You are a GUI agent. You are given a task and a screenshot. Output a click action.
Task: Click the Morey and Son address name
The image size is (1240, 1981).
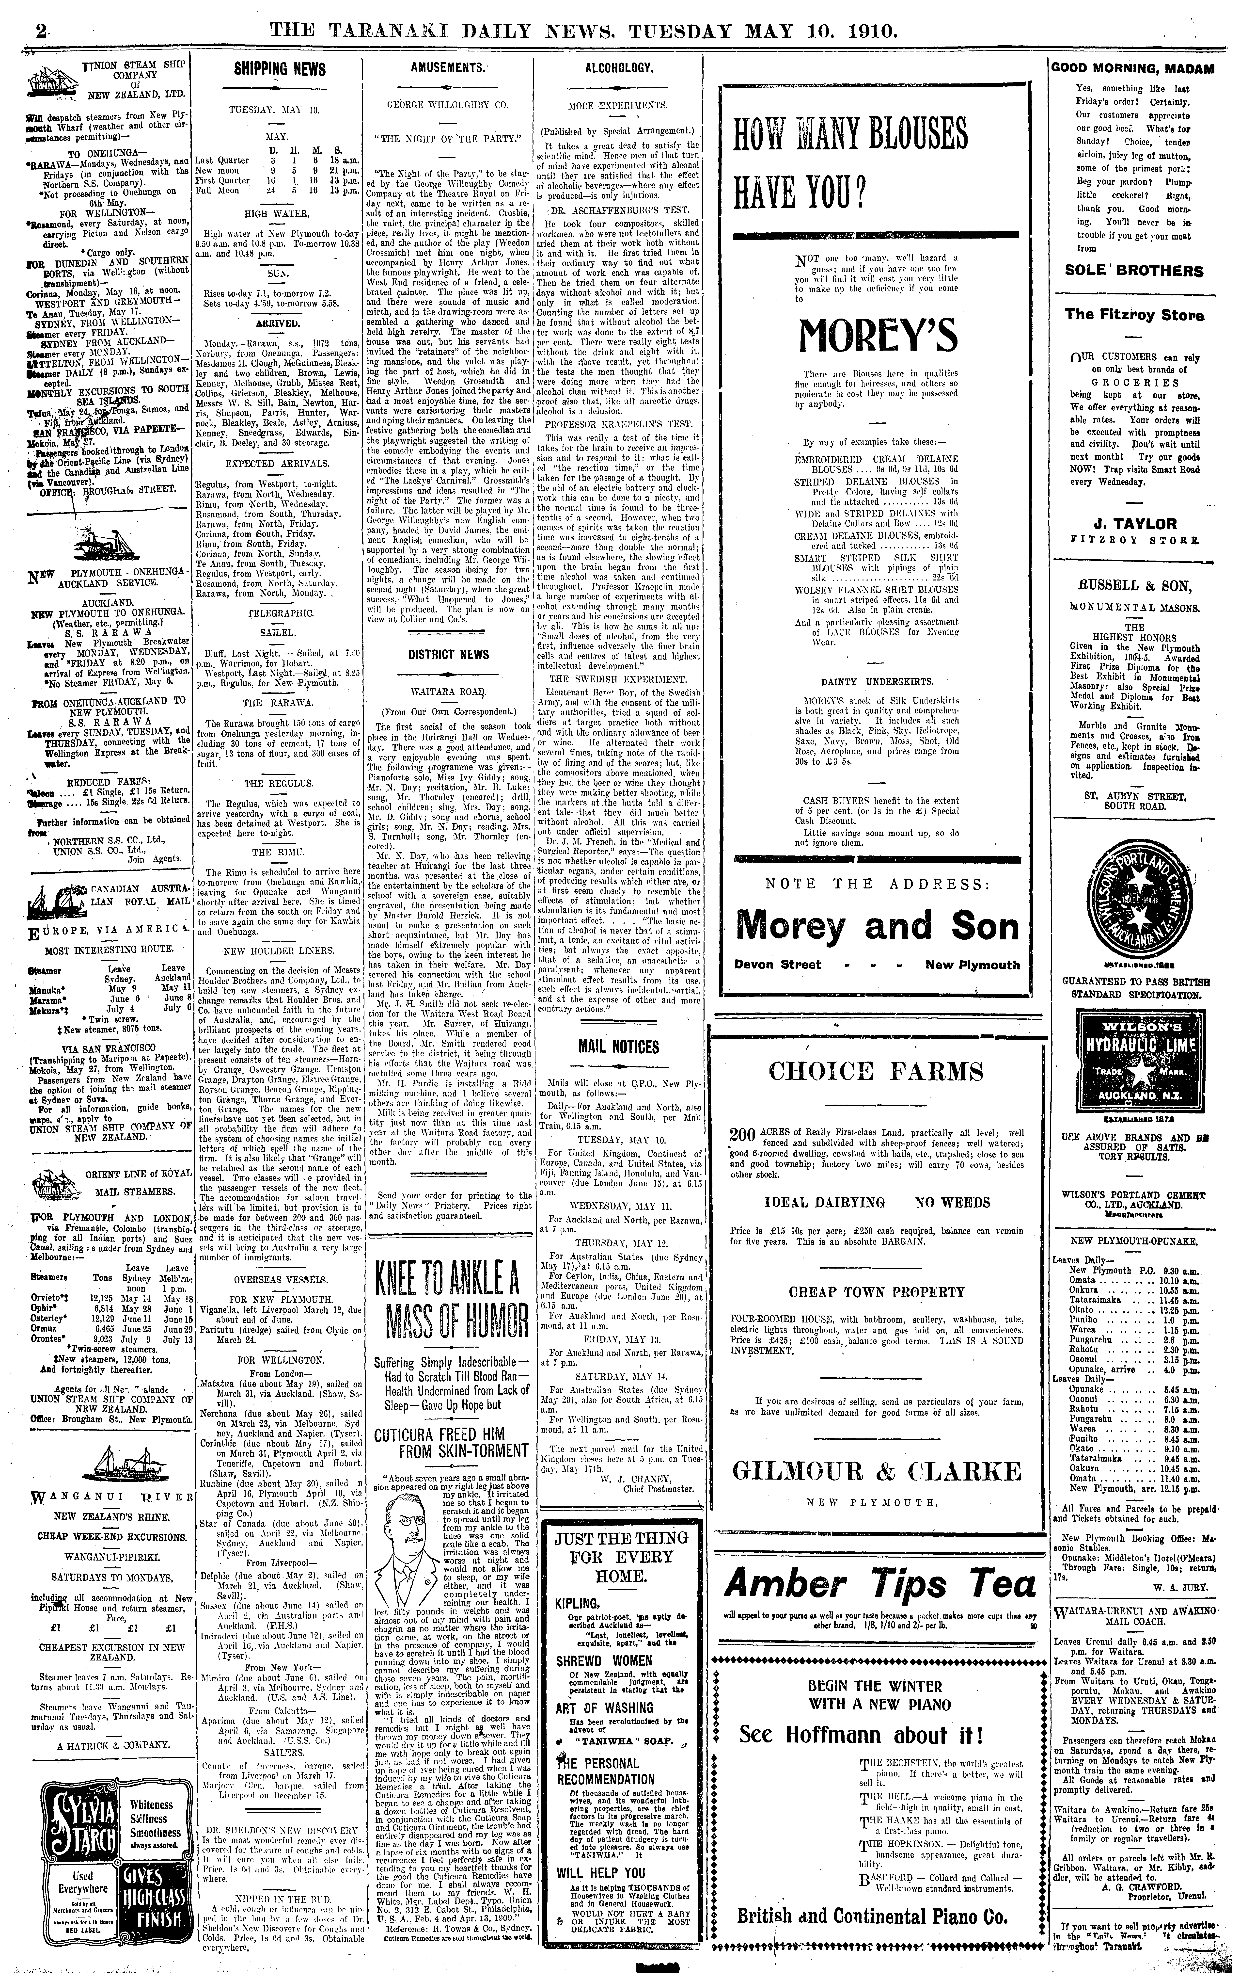878,925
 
